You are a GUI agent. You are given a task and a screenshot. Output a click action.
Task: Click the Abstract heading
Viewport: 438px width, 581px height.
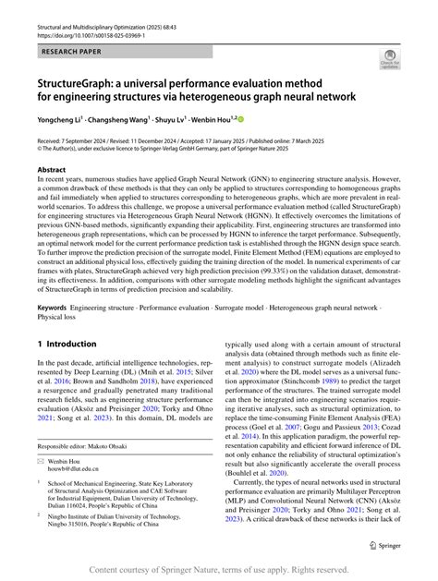pos(52,171)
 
